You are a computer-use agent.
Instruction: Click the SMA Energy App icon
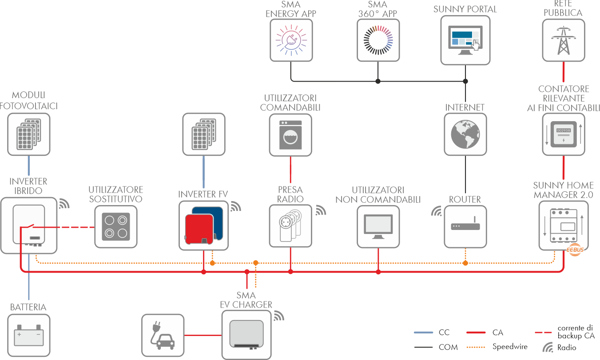click(x=291, y=40)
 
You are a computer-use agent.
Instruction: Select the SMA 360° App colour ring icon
click(x=378, y=40)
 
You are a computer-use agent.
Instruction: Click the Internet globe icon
click(x=465, y=134)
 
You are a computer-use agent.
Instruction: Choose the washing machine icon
click(x=290, y=135)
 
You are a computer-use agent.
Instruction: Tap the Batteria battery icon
click(x=29, y=336)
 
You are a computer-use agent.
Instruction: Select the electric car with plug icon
click(x=163, y=336)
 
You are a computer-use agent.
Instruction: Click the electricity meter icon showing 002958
click(x=563, y=134)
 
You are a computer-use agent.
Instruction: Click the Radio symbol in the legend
click(x=549, y=347)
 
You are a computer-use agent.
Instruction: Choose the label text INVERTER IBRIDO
click(x=28, y=186)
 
